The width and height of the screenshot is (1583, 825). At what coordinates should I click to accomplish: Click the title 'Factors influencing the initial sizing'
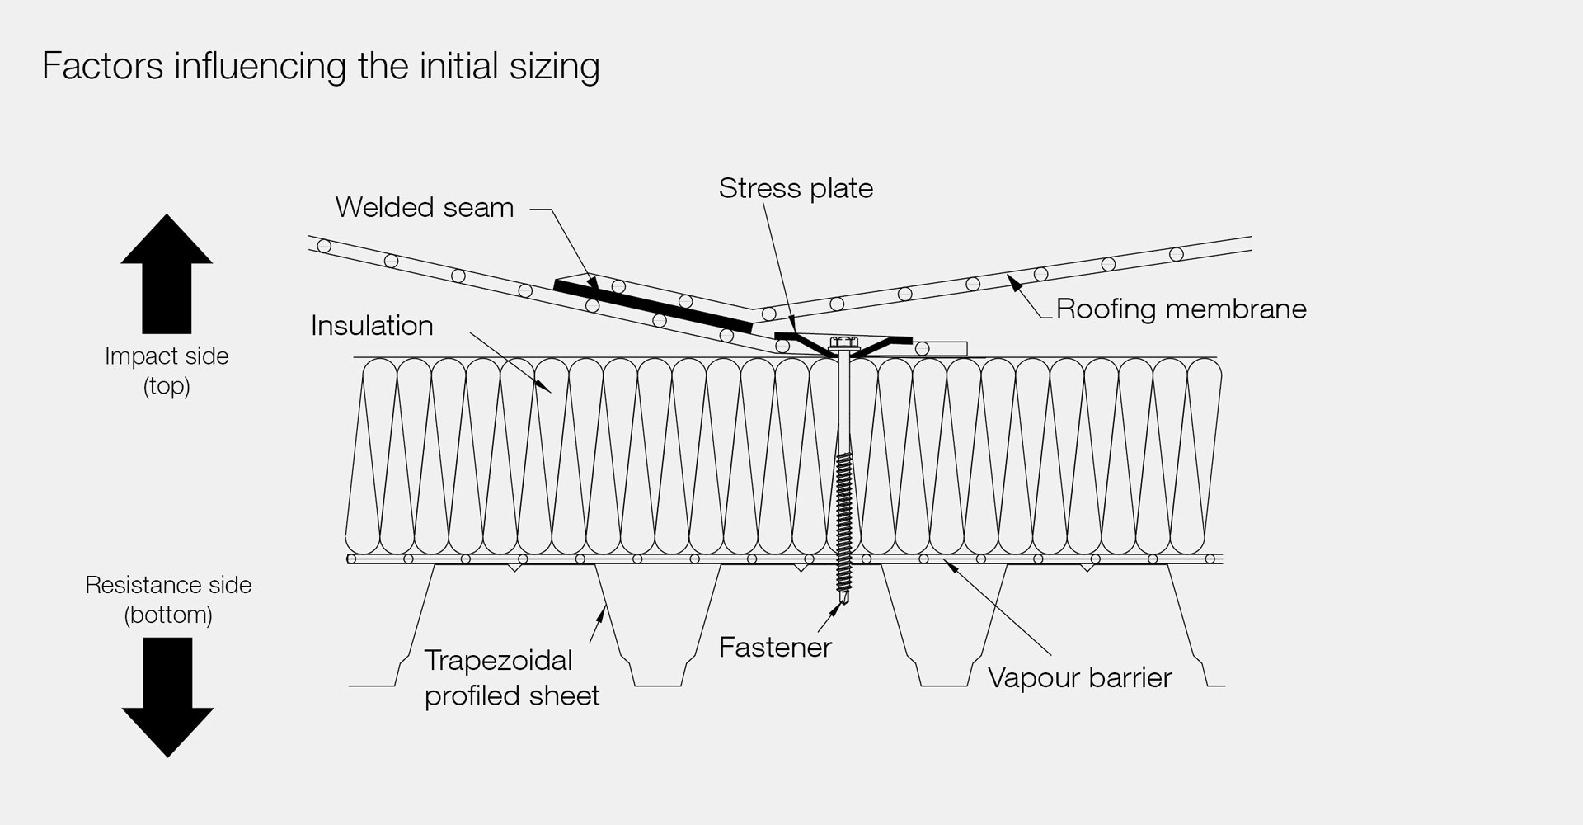click(321, 66)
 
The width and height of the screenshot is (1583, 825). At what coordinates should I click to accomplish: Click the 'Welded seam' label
click(424, 207)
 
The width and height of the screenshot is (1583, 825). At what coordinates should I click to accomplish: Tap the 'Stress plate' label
click(796, 188)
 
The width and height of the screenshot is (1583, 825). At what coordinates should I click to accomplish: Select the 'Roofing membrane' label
click(1181, 309)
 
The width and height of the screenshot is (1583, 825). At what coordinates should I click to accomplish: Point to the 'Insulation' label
click(372, 326)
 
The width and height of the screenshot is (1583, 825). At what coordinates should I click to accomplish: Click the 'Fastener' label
click(775, 648)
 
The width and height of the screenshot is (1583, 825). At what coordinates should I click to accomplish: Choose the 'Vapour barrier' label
click(1079, 678)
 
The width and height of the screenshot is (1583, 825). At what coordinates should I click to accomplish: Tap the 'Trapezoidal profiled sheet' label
click(511, 678)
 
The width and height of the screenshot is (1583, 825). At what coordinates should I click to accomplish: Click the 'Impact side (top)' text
click(167, 370)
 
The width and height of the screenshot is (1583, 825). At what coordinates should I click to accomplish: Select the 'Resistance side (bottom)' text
click(168, 600)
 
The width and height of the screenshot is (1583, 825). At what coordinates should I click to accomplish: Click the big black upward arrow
click(167, 272)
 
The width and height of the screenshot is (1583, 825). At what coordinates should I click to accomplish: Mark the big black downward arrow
click(167, 697)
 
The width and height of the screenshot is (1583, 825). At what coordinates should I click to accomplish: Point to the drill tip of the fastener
click(843, 607)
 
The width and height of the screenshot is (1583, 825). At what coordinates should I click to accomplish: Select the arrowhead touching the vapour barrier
click(951, 565)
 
